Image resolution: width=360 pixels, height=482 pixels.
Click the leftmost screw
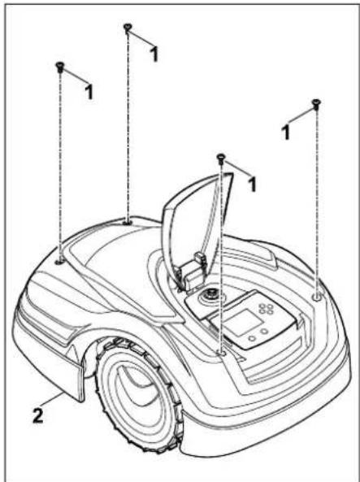(x=59, y=67)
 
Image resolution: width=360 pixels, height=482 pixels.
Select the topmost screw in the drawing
(x=128, y=28)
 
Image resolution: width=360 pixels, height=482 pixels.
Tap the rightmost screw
(x=316, y=104)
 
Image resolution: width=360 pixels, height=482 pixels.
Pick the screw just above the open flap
(x=221, y=158)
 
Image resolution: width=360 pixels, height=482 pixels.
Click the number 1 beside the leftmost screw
(x=89, y=91)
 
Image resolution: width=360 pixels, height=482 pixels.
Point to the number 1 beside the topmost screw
(x=154, y=54)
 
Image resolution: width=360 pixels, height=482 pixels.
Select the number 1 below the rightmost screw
(x=286, y=132)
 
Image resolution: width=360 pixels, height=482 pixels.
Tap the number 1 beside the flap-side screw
(x=252, y=185)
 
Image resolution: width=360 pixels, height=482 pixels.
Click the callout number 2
(x=38, y=416)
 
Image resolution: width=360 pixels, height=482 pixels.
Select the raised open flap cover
(x=197, y=221)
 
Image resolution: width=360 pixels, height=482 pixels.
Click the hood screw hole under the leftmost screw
(x=60, y=263)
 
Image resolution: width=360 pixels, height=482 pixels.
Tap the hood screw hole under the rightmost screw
(x=316, y=297)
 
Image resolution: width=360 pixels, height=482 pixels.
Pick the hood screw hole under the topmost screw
(x=128, y=222)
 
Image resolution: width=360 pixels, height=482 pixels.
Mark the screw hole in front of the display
(x=222, y=354)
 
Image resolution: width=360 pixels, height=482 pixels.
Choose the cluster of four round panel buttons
(x=266, y=309)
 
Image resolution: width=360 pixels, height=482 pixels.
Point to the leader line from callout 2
(x=53, y=401)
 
